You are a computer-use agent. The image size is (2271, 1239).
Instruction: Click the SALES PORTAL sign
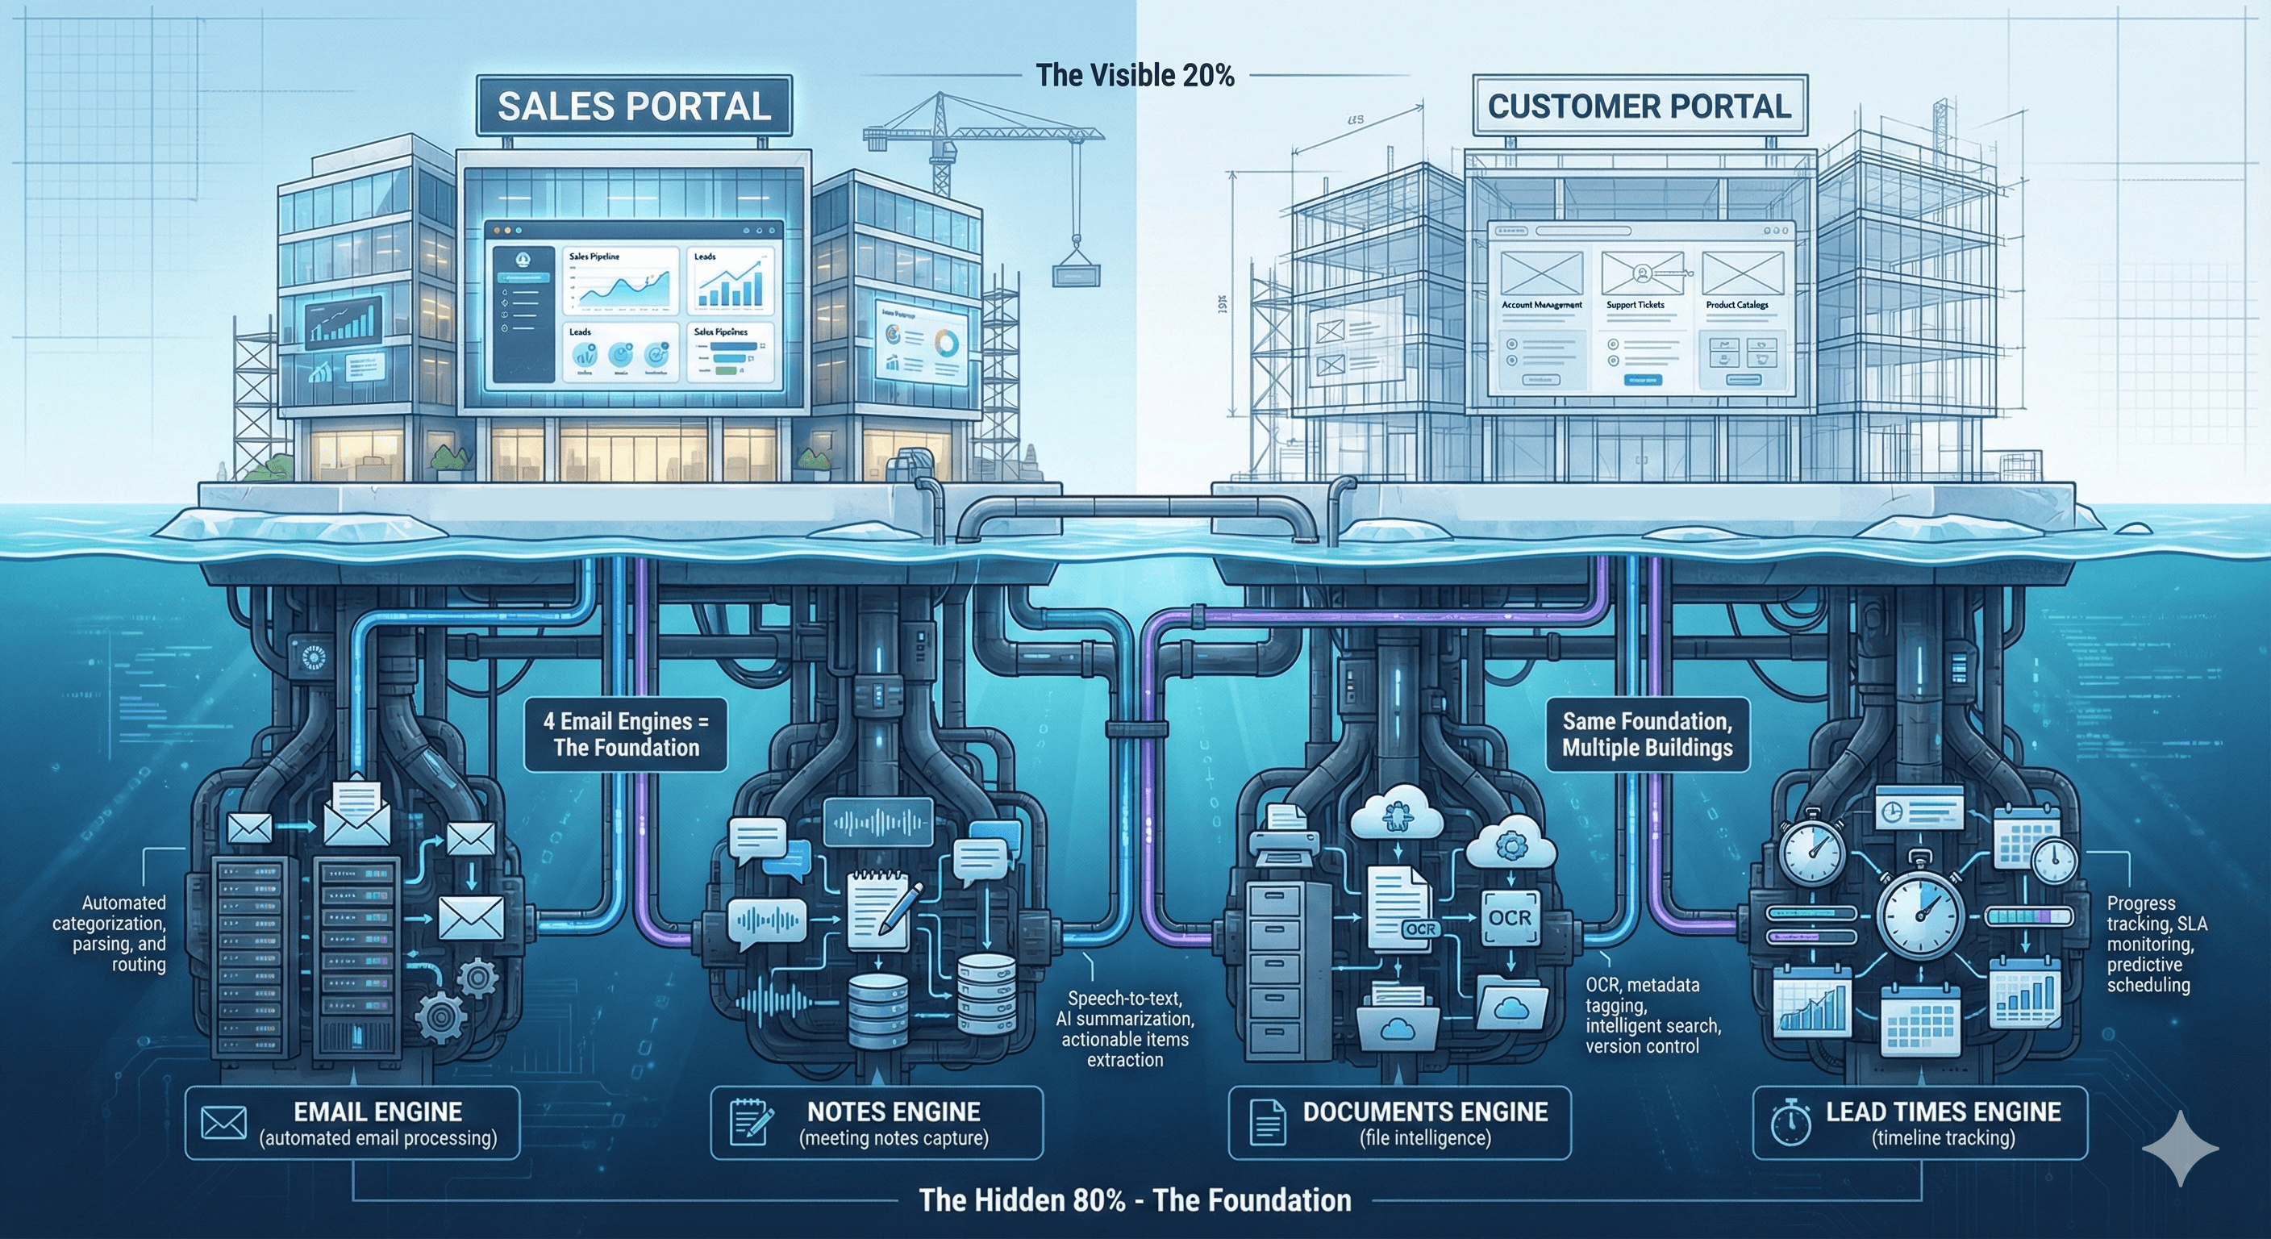(x=634, y=106)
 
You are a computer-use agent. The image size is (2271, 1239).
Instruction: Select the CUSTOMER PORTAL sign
(x=1639, y=106)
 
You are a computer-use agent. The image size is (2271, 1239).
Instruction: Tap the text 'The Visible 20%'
(x=1135, y=76)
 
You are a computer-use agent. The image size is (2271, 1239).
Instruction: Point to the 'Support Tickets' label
(x=1635, y=305)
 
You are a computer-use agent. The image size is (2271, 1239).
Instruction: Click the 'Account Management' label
(x=1541, y=305)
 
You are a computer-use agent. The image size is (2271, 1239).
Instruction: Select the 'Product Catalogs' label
(x=1737, y=305)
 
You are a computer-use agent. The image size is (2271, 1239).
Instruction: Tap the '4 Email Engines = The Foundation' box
(x=626, y=735)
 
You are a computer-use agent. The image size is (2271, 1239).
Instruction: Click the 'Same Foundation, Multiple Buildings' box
(x=1647, y=735)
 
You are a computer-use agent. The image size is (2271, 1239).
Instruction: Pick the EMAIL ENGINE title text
(x=377, y=1112)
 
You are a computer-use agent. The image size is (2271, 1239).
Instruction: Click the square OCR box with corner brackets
(x=1511, y=918)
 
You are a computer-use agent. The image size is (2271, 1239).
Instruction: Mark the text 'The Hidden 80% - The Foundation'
(x=1135, y=1200)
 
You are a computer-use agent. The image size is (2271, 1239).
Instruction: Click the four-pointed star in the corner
(x=2180, y=1148)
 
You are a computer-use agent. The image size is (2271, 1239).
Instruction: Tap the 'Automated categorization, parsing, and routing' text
(x=110, y=933)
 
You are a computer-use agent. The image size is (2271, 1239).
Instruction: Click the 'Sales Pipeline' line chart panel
(x=621, y=281)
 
